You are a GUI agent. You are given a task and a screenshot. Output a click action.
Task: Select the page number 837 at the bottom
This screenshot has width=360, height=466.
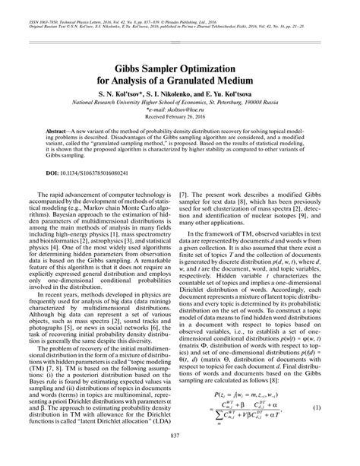(x=180, y=454)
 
